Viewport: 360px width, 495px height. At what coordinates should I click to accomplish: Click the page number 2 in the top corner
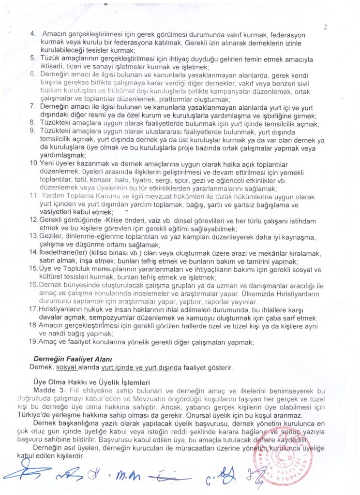(325, 27)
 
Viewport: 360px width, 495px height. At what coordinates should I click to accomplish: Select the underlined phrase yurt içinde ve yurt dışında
(141, 367)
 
